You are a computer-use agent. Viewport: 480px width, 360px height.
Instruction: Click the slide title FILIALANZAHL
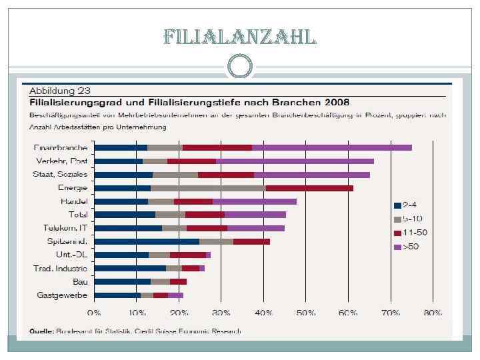coord(240,37)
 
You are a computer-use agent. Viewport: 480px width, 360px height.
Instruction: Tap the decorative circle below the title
coord(240,65)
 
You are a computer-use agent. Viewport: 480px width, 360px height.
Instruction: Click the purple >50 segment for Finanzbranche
coord(331,147)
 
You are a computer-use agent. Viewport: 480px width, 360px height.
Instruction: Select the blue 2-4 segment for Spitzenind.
coord(147,241)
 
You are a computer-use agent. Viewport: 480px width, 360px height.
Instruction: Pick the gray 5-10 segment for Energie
coord(208,188)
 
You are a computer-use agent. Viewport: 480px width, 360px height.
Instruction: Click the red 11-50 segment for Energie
coord(309,188)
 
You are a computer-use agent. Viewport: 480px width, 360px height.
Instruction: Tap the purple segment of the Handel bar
coord(254,201)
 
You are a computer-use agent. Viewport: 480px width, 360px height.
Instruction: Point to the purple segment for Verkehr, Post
coord(295,161)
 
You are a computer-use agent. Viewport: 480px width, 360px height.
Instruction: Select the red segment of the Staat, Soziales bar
coord(225,175)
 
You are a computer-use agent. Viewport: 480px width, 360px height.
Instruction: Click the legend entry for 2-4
coord(405,205)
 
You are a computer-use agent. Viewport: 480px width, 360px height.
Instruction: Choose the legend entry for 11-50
coord(407,233)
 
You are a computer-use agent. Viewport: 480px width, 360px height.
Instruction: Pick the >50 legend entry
coord(405,247)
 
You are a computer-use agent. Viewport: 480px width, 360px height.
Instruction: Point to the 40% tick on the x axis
coord(263,312)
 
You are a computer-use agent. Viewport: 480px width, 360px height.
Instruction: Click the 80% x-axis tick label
coord(433,312)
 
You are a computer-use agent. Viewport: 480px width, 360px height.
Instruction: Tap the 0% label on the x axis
coord(94,312)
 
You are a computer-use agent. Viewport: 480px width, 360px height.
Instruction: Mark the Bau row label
coord(79,281)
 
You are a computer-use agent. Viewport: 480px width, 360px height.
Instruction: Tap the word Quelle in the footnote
coord(40,331)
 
